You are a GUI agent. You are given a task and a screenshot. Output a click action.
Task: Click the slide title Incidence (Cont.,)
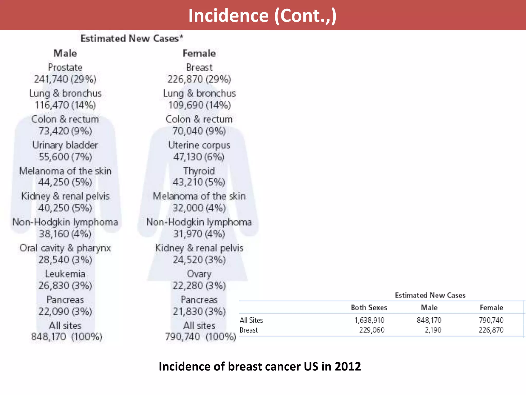[262, 15]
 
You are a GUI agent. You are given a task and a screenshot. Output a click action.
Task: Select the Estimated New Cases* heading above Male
[132, 38]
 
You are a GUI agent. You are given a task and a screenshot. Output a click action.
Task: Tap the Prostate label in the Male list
[65, 67]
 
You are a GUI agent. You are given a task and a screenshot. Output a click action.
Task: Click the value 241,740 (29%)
[65, 79]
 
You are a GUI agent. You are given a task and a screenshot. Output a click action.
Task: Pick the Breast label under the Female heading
[199, 67]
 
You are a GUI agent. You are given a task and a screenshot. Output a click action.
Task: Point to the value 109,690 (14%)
[199, 105]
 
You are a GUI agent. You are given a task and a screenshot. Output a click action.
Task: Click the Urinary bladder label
[65, 145]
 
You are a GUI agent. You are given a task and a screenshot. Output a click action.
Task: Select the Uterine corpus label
[199, 145]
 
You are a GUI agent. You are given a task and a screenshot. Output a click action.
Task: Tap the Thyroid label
[199, 171]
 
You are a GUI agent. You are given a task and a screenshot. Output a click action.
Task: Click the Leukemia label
[65, 274]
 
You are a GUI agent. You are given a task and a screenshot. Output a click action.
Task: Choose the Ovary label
[199, 274]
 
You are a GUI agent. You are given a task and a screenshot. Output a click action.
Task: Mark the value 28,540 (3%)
[65, 260]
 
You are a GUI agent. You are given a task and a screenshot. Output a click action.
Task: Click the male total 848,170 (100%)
[67, 337]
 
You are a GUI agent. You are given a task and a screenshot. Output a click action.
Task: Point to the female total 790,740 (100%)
[200, 337]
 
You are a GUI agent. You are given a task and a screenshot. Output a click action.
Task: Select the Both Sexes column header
[369, 308]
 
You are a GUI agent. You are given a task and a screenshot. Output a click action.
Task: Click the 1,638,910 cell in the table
[369, 320]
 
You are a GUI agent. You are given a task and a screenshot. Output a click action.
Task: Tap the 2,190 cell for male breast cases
[433, 330]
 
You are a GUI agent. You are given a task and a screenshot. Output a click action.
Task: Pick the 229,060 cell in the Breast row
[372, 330]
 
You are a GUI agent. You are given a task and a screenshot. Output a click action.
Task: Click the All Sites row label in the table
[251, 320]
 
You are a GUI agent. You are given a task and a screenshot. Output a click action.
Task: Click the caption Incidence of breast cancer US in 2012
[260, 366]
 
